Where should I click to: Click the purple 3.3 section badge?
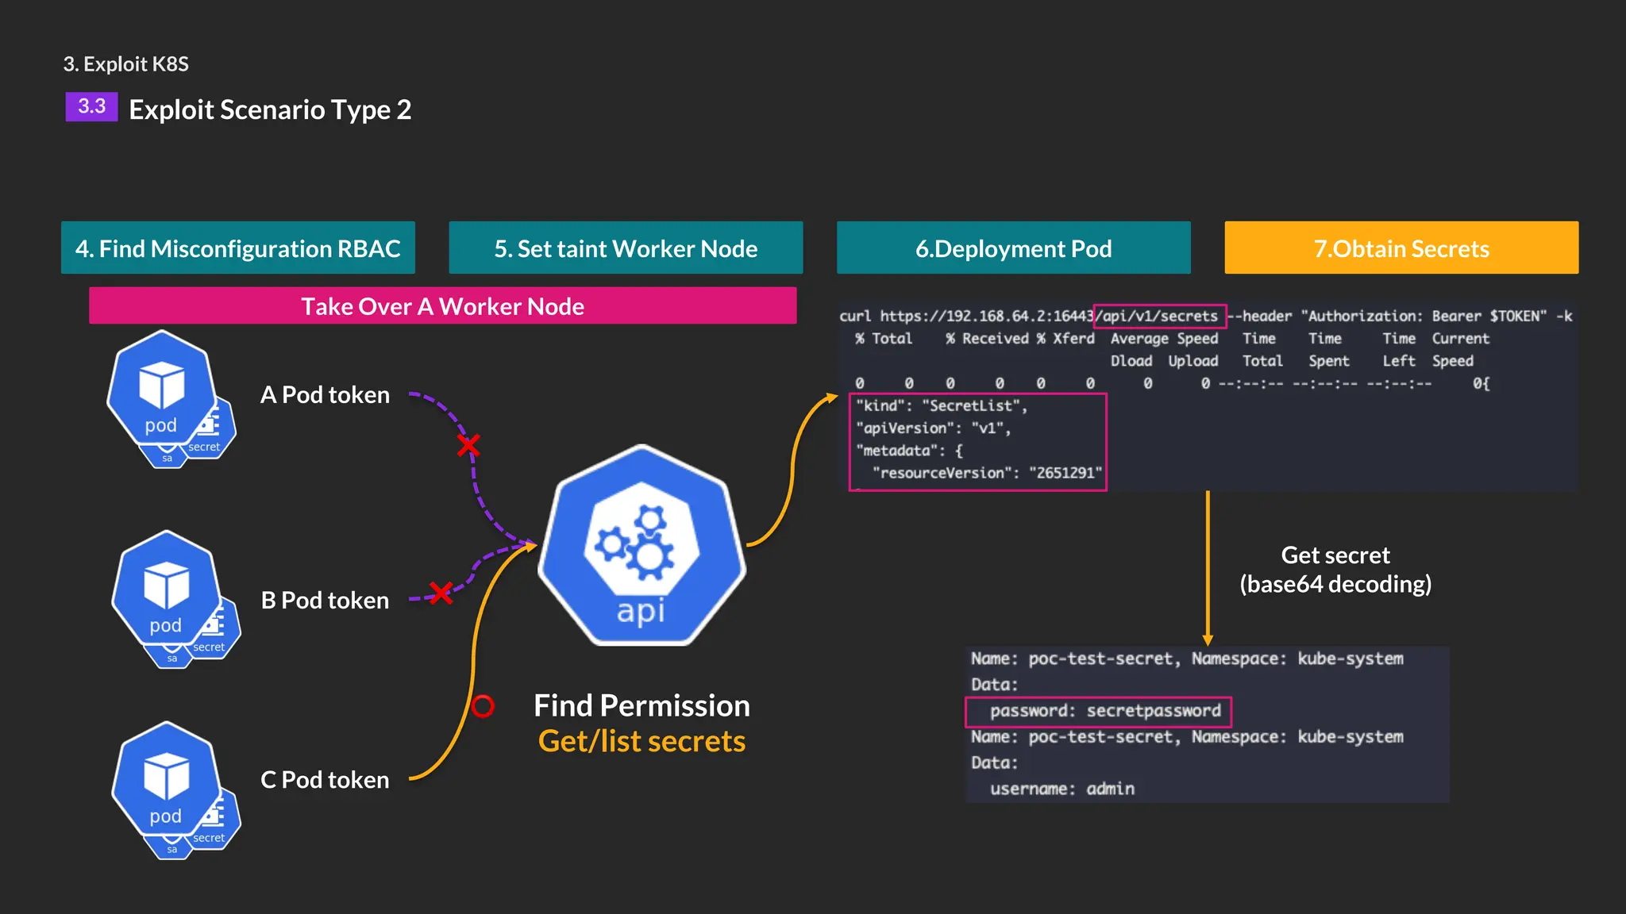coord(91,106)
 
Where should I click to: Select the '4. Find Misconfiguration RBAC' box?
coord(238,248)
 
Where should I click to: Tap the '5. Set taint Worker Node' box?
coord(626,248)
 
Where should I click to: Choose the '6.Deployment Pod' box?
coord(1013,248)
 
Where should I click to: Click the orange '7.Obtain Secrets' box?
coord(1401,248)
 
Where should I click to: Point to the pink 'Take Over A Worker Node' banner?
coord(442,306)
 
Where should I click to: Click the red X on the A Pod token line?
coord(468,445)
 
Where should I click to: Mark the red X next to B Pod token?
coord(441,592)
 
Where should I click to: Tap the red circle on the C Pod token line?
coord(483,705)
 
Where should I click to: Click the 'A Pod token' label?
coord(325,395)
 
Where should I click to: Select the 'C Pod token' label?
coord(325,780)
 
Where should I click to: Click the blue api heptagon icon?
coord(642,547)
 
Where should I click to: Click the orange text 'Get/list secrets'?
coord(642,741)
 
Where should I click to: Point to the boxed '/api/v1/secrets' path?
coord(1160,317)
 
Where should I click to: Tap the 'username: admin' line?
coord(1062,789)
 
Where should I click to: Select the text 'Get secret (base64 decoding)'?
coord(1335,570)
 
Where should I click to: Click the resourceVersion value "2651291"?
coord(1065,473)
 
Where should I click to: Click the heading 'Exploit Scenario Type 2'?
coord(270,109)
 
